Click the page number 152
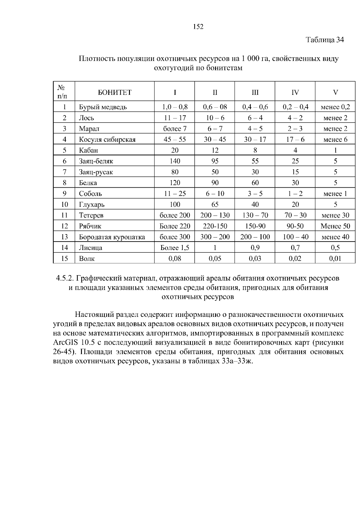198,27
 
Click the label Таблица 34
325,40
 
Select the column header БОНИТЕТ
115,92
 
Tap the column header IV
295,92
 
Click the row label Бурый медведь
103,107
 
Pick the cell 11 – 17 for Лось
175,118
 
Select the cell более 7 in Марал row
175,129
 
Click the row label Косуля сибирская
107,139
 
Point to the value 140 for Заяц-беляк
175,161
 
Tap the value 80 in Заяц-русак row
175,172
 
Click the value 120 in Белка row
175,183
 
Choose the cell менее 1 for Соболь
335,194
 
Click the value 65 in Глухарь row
215,204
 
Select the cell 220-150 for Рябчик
215,226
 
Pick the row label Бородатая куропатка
112,237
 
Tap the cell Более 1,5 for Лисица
175,248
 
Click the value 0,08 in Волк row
175,259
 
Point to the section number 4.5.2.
64,278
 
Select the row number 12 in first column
64,226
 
